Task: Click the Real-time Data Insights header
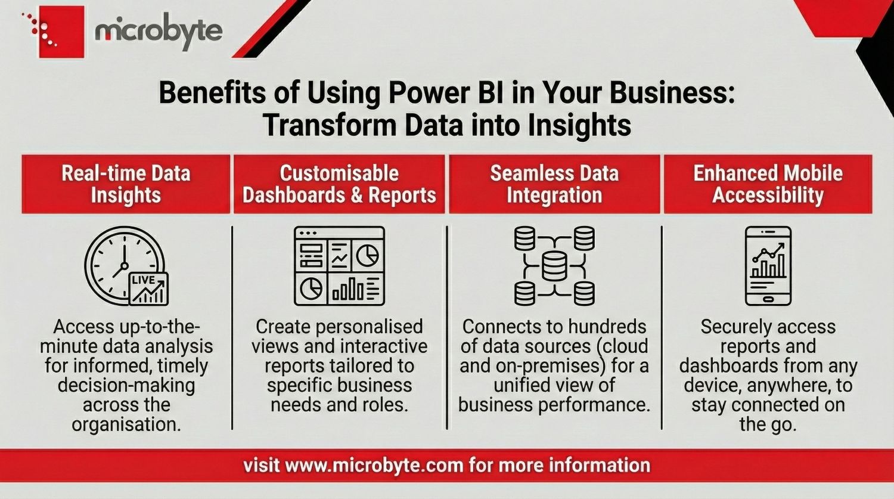[126, 184]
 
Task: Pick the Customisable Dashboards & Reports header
[339, 184]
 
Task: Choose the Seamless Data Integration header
[554, 184]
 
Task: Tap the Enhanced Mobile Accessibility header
[768, 184]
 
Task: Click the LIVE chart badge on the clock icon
[149, 289]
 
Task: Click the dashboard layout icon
[339, 266]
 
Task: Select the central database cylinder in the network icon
[554, 266]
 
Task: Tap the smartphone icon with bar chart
[768, 266]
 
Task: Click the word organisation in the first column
[126, 424]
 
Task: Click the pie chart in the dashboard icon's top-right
[367, 256]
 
